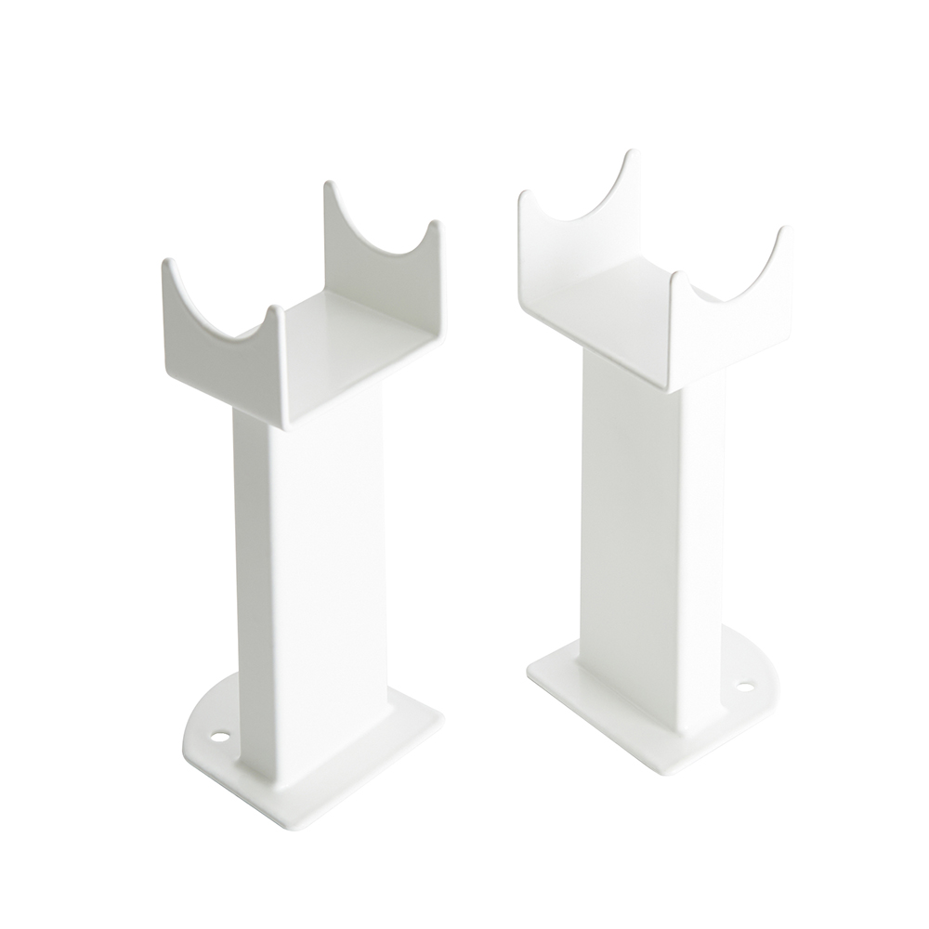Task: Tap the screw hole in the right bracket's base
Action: (744, 688)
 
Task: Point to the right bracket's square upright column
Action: (641, 520)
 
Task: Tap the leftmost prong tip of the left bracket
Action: (167, 264)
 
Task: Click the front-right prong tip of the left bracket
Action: (276, 309)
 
